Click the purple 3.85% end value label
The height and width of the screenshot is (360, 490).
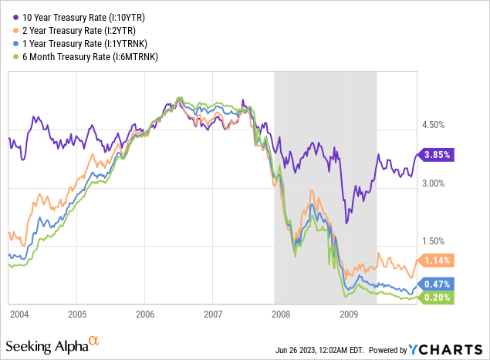click(437, 154)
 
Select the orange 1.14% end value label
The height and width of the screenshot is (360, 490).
click(437, 261)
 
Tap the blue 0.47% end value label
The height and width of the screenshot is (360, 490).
click(437, 284)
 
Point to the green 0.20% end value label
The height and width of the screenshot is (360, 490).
click(437, 298)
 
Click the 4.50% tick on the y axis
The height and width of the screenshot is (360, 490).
click(434, 125)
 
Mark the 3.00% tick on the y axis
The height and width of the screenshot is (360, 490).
click(434, 183)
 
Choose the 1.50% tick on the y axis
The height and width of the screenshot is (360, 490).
click(434, 241)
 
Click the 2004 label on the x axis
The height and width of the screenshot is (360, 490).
click(21, 315)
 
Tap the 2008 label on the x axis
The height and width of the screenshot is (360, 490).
click(281, 315)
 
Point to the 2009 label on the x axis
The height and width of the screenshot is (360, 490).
click(349, 315)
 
